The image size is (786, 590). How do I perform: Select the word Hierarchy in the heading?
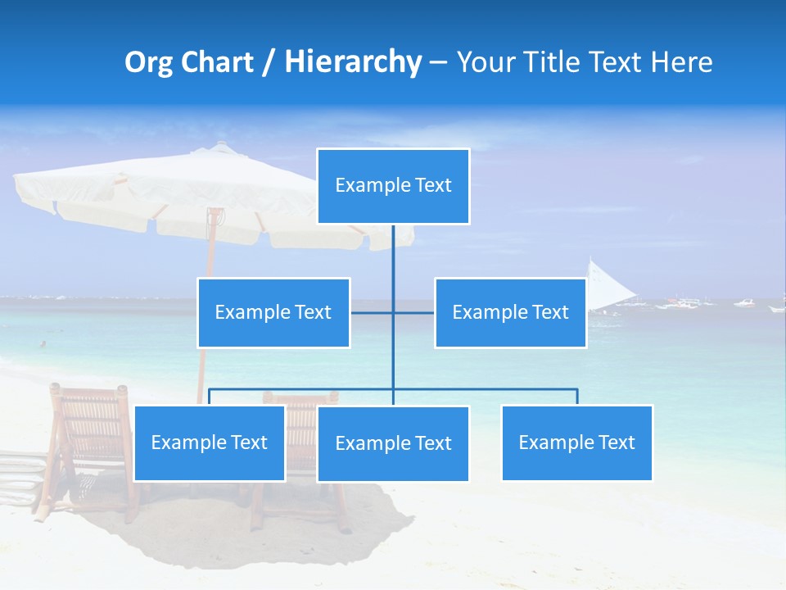click(353, 62)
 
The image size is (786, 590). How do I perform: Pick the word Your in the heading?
click(485, 62)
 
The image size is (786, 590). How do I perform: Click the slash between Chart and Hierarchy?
click(269, 63)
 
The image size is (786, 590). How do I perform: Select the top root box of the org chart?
click(393, 186)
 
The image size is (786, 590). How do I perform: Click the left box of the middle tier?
click(273, 312)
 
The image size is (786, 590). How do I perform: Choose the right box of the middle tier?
click(510, 312)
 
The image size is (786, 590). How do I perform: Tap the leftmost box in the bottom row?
click(210, 442)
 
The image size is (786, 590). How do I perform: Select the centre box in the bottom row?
click(393, 443)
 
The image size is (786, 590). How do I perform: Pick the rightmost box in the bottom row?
click(576, 442)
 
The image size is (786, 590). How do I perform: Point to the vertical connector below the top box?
click(393, 254)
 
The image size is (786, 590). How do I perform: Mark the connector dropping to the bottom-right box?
click(576, 397)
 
